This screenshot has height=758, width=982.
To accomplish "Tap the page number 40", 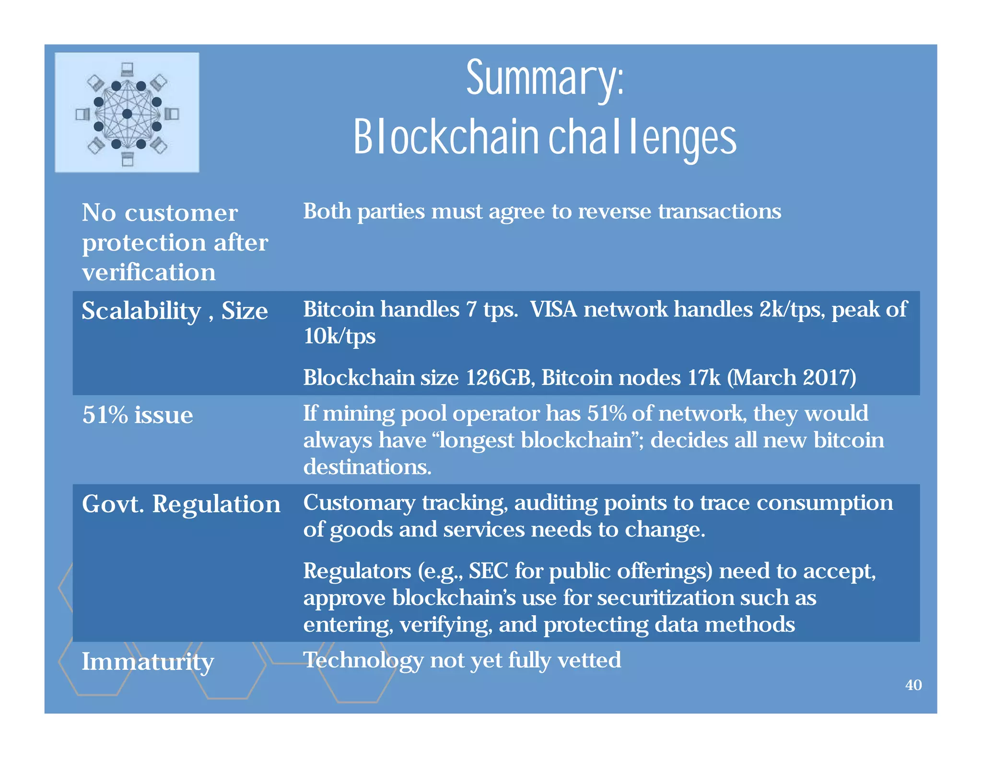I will point(913,685).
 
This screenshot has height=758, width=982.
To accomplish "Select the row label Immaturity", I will point(148,662).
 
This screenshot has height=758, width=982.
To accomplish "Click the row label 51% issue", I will point(138,415).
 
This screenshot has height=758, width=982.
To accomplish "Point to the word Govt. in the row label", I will point(113,504).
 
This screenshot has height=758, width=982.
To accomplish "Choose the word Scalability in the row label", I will point(141,311).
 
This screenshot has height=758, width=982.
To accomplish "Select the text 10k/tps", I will point(339,336).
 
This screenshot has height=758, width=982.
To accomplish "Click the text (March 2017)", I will point(791,378).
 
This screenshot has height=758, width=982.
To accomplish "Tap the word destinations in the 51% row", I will point(367,467).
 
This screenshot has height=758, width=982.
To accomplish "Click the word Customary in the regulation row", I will point(359,503).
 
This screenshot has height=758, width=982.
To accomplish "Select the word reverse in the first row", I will point(615,212).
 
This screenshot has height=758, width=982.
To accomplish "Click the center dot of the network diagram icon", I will point(127,114).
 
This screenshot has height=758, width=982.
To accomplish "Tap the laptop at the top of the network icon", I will point(127,69).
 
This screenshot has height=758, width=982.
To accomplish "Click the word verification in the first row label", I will point(149,273).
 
